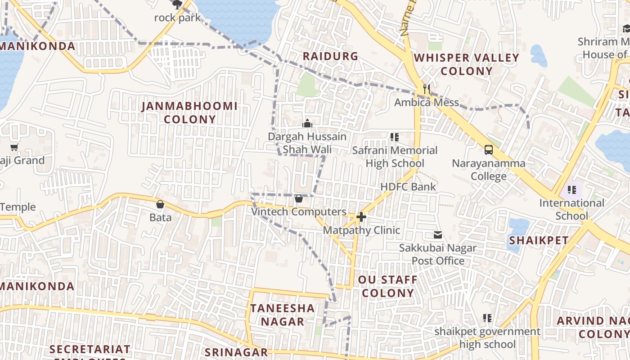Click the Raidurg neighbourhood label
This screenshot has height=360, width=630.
330,56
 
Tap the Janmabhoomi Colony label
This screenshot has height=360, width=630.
189,112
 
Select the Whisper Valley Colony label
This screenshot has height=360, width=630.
466,64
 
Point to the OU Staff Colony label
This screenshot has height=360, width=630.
388,286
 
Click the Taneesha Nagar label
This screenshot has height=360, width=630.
282,315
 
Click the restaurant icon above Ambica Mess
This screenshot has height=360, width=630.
426,89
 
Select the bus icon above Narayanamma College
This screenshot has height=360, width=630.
488,149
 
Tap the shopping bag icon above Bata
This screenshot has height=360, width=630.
160,204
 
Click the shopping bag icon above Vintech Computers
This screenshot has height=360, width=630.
298,198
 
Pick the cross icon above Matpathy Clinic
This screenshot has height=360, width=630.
361,217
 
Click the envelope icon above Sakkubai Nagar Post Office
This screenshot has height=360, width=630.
437,234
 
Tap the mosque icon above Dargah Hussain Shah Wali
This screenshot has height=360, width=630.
307,123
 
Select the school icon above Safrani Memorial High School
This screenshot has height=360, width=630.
395,137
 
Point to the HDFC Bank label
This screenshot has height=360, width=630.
408,187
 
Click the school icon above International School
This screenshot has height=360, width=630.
571,189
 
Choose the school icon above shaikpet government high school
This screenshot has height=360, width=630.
487,318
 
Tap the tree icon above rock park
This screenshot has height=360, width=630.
177,4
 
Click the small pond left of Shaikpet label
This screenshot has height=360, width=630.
517,227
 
